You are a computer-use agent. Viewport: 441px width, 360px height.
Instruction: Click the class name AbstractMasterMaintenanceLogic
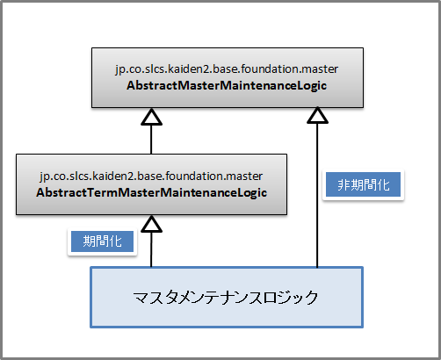pos(227,86)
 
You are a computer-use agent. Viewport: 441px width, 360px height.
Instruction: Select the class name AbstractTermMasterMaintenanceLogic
pos(151,193)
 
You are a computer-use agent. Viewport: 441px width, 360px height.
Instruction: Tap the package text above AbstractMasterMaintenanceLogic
pos(227,69)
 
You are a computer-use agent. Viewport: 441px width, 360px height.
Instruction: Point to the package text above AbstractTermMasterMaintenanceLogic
pos(151,176)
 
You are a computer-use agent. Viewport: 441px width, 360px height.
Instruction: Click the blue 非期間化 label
pos(363,184)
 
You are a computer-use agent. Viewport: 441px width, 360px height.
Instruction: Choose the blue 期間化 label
pos(102,241)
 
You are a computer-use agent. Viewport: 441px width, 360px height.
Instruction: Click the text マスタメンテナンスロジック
pos(226,298)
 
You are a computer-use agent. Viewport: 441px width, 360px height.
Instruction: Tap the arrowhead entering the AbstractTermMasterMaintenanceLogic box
pos(151,224)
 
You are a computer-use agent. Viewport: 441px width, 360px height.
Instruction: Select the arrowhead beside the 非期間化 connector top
pos(317,115)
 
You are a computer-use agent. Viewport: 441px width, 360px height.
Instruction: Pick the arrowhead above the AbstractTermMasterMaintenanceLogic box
pos(151,117)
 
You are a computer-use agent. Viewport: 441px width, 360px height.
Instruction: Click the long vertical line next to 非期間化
pos(317,195)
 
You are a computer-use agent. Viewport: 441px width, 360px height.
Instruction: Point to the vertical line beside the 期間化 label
pos(151,249)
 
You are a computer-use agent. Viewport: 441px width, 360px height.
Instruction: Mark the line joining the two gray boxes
pos(151,140)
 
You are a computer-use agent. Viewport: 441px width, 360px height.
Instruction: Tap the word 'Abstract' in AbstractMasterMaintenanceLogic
pos(152,86)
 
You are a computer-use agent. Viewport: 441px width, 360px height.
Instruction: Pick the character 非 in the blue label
pos(343,185)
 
